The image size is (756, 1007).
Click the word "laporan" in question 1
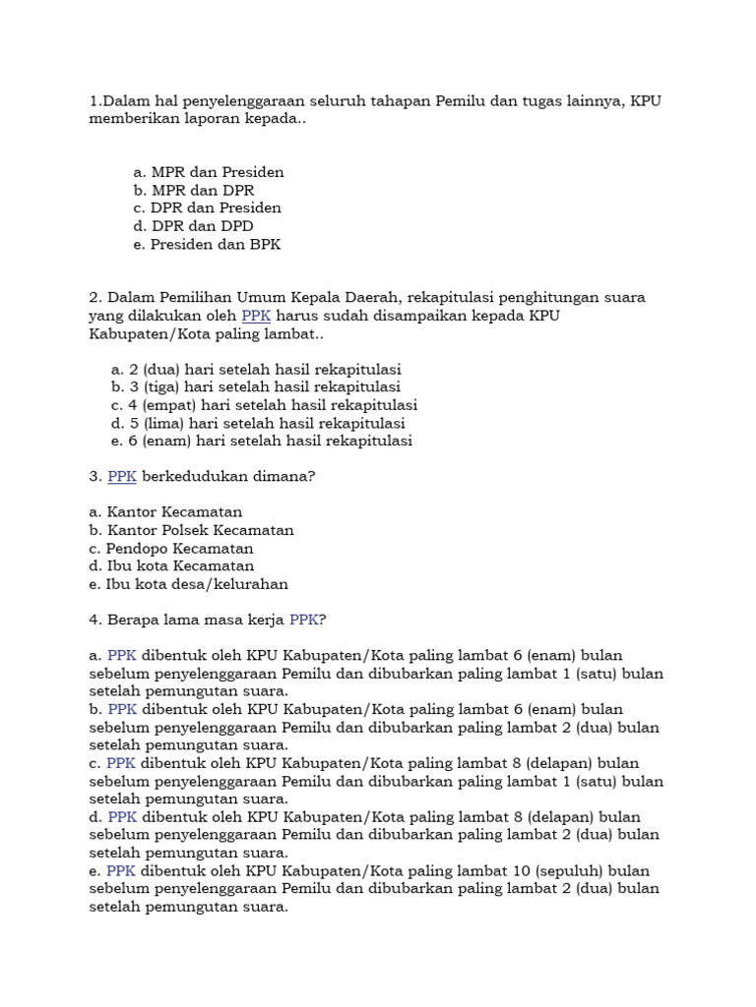pyautogui.click(x=209, y=118)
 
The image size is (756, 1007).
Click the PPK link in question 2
pyautogui.click(x=256, y=316)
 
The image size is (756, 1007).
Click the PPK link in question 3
pyautogui.click(x=122, y=476)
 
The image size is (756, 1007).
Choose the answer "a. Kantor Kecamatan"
pyautogui.click(x=165, y=512)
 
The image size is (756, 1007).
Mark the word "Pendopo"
pyautogui.click(x=135, y=548)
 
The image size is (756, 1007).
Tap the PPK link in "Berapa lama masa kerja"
pyautogui.click(x=303, y=620)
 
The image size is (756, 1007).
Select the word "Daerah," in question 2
pyautogui.click(x=366, y=297)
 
